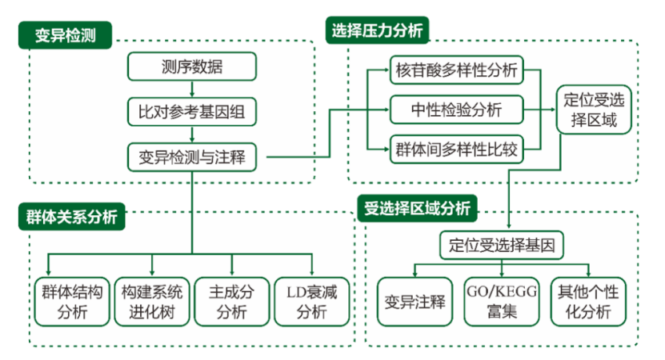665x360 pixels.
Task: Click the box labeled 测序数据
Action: pyautogui.click(x=192, y=66)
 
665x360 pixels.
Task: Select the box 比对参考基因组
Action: pyautogui.click(x=192, y=112)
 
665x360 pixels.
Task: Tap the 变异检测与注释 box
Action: pyautogui.click(x=192, y=157)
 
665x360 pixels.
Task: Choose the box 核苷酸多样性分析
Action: pyautogui.click(x=456, y=70)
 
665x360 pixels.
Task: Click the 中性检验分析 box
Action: pyautogui.click(x=456, y=108)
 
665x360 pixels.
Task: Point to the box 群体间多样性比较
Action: pyautogui.click(x=456, y=149)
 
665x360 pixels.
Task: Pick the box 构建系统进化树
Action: pyautogui.click(x=152, y=302)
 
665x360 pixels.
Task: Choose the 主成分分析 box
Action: pyautogui.click(x=232, y=302)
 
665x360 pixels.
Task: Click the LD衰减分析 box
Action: pyautogui.click(x=311, y=302)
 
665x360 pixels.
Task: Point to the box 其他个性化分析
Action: pyautogui.click(x=588, y=302)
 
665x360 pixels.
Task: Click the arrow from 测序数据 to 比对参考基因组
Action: pyautogui.click(x=192, y=89)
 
